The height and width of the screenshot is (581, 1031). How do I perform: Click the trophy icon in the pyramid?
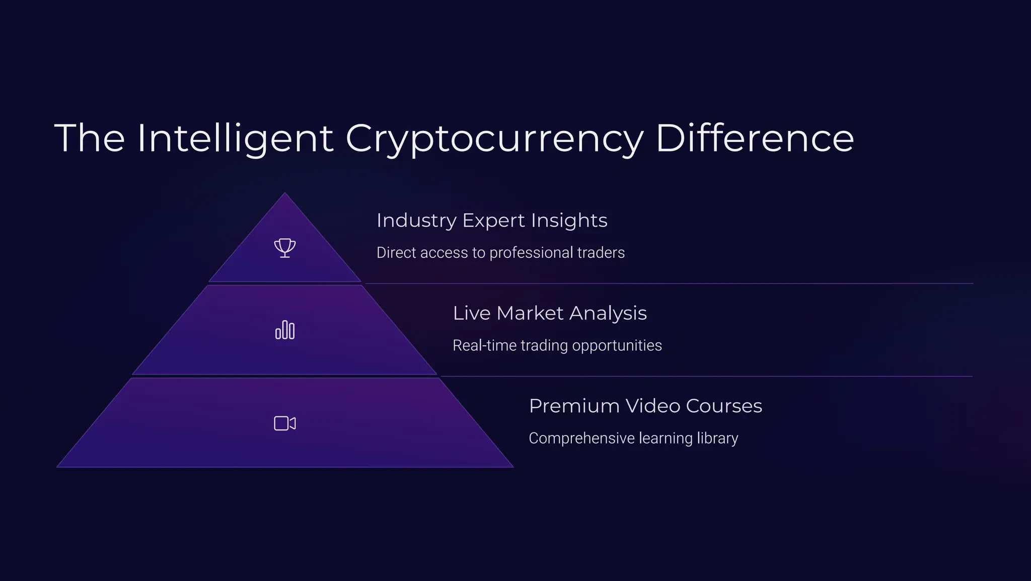pyautogui.click(x=285, y=248)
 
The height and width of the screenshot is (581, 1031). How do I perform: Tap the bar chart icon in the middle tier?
pyautogui.click(x=285, y=330)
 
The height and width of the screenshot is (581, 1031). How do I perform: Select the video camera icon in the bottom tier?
pyautogui.click(x=285, y=423)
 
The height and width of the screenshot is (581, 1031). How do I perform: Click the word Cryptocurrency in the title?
pyautogui.click(x=494, y=138)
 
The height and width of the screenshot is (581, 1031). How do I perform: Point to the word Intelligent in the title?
pyautogui.click(x=235, y=138)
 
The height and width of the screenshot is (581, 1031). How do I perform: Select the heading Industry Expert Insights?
pyautogui.click(x=492, y=221)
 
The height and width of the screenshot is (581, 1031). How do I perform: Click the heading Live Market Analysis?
pyautogui.click(x=550, y=313)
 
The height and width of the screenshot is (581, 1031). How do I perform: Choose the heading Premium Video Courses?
pyautogui.click(x=645, y=406)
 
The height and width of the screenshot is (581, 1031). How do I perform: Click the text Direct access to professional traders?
pyautogui.click(x=500, y=252)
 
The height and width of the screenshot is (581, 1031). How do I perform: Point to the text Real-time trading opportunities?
pyautogui.click(x=557, y=345)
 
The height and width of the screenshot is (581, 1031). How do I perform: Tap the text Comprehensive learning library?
pyautogui.click(x=633, y=438)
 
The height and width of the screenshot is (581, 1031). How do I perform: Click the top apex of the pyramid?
pyautogui.click(x=285, y=194)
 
